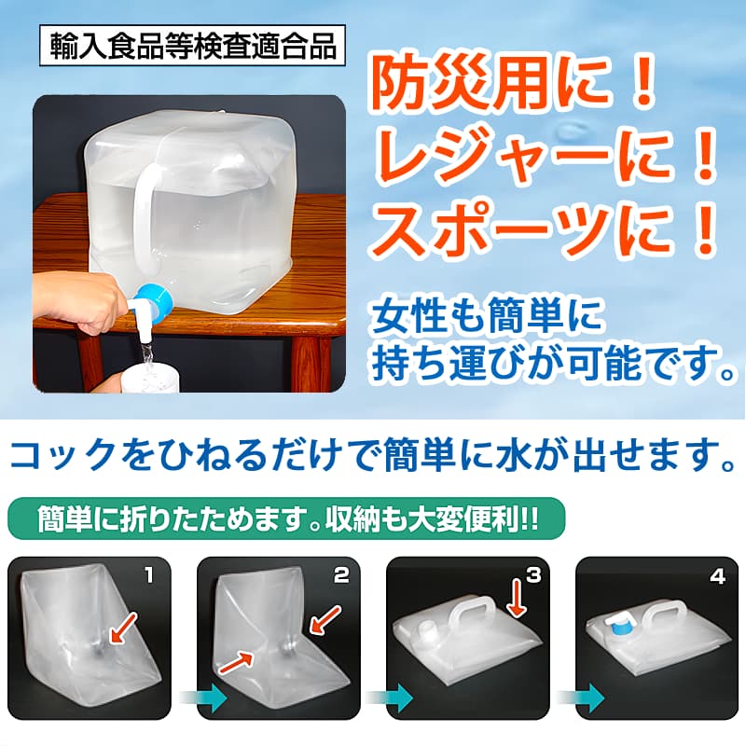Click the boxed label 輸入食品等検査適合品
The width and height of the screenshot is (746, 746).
pyautogui.click(x=192, y=46)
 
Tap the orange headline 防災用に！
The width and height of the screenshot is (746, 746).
pyautogui.click(x=515, y=85)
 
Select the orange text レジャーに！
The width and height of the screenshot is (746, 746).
pyautogui.click(x=545, y=156)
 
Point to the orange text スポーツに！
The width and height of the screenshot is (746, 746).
pyautogui.click(x=545, y=228)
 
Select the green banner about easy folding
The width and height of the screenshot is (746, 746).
pyautogui.click(x=286, y=518)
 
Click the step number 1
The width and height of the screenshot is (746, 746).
pyautogui.click(x=150, y=575)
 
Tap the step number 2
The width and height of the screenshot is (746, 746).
pyautogui.click(x=340, y=575)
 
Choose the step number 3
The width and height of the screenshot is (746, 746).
pyautogui.click(x=533, y=575)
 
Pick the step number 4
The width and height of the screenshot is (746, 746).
pyautogui.click(x=717, y=576)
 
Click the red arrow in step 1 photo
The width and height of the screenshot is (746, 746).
pyautogui.click(x=122, y=629)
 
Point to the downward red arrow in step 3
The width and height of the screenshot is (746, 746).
pyautogui.click(x=516, y=598)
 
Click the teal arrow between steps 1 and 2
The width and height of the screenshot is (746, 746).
pyautogui.click(x=204, y=698)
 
